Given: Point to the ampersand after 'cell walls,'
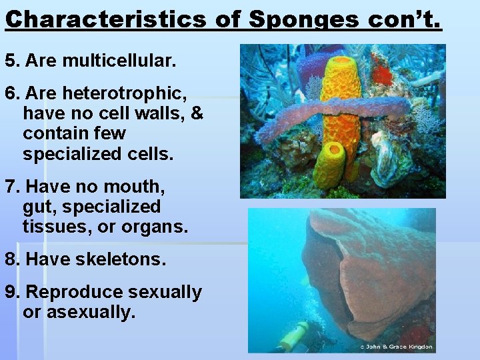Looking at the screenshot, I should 197,113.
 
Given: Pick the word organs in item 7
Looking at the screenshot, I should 155,227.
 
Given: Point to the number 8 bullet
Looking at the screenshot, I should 11,259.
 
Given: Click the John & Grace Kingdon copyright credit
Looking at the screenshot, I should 396,347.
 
